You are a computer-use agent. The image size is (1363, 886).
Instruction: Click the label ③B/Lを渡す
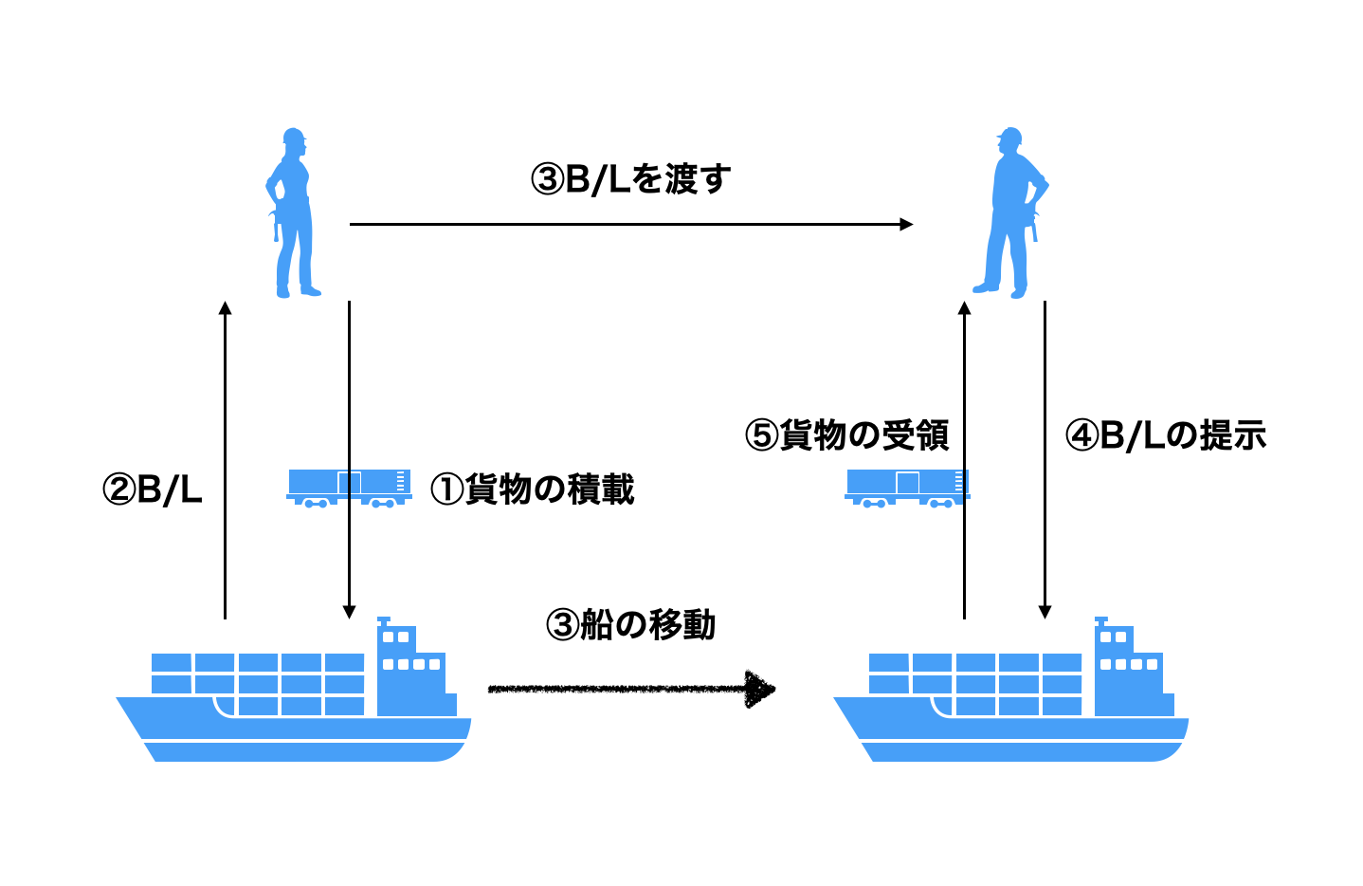630,179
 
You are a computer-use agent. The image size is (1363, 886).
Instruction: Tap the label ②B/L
153,490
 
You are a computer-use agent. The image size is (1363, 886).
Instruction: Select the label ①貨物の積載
533,489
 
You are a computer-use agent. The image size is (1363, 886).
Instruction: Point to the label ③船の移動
630,625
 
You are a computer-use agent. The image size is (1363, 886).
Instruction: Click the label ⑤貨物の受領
846,435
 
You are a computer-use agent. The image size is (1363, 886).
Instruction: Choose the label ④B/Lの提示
1165,435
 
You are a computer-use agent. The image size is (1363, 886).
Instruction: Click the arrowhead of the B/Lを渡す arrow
906,225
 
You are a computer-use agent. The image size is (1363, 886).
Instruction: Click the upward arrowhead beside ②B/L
225,309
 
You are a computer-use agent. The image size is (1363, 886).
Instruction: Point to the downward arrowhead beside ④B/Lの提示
1045,611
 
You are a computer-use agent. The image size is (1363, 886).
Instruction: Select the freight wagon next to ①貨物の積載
349,488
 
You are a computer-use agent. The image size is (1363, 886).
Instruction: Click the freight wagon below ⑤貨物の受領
906,488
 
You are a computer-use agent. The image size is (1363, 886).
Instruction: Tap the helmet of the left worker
294,137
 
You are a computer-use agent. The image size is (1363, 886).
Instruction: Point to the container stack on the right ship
976,683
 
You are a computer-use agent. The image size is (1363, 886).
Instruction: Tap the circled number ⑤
761,436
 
